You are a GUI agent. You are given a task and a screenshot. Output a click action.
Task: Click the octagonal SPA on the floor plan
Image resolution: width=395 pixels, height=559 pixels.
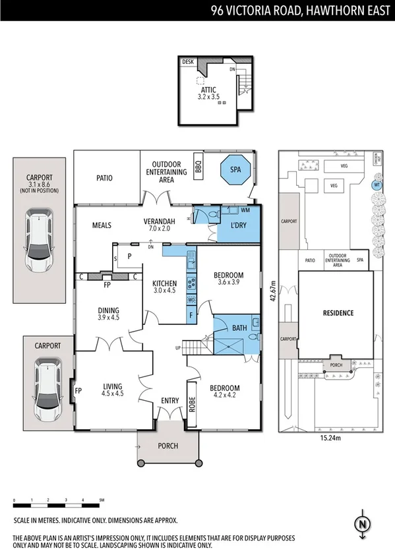[x=235, y=169]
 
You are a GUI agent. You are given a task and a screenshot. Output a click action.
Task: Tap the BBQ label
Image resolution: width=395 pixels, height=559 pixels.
[x=198, y=165]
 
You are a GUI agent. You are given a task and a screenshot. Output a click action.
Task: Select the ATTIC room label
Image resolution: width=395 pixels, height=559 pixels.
[x=208, y=90]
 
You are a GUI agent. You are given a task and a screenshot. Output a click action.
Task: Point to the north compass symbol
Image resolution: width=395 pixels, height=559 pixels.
[x=361, y=524]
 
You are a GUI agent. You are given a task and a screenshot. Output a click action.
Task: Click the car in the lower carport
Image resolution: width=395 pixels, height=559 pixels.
[x=48, y=390]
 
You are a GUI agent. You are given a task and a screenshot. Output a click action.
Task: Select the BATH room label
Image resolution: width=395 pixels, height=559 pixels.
[x=239, y=328]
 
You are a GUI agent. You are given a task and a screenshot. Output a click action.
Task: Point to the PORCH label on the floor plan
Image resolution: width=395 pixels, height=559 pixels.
[x=168, y=446]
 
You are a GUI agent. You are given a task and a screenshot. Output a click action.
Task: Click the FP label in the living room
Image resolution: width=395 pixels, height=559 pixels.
[x=78, y=391]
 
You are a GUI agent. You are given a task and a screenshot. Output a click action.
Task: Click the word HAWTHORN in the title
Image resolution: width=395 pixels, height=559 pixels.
[x=319, y=10]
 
